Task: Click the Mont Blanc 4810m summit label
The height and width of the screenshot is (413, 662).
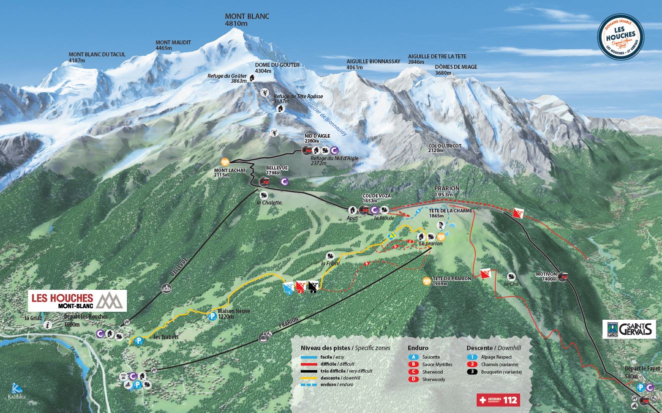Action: point(247,20)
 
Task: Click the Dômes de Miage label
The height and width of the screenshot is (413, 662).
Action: point(456,70)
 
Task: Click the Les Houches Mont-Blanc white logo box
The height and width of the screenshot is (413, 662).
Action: point(77,300)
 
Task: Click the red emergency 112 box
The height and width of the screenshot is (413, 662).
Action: point(498,400)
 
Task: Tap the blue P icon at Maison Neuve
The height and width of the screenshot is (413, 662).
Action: point(212,316)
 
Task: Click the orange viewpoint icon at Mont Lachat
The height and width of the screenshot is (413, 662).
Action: point(225,162)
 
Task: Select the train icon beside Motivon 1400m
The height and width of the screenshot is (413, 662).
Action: point(563,277)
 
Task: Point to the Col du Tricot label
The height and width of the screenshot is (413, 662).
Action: point(445,148)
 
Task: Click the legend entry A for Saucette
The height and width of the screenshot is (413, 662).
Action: point(413,357)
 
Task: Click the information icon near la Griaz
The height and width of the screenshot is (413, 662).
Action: point(48,325)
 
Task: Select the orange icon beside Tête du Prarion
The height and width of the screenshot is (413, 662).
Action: point(426,281)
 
